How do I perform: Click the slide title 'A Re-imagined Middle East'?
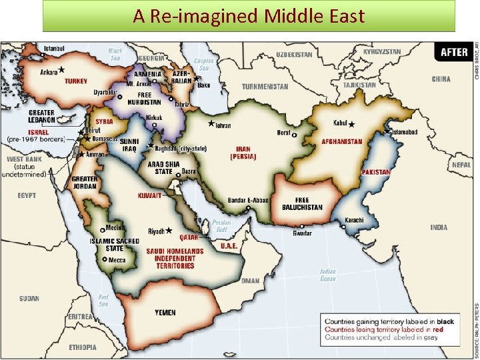[249, 15]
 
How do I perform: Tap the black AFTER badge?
[454, 52]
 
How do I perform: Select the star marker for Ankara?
[61, 69]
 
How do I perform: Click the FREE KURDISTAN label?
[144, 99]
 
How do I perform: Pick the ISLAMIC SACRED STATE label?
[115, 245]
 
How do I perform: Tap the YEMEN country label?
[165, 313]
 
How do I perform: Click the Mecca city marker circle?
[105, 259]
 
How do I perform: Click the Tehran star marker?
[211, 124]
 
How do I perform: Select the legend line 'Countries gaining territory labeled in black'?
[389, 321]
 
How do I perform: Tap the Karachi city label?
[354, 221]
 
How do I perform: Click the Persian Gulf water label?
[221, 226]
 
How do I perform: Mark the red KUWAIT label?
[149, 196]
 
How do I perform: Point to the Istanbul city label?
[55, 49]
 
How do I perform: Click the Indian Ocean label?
[327, 275]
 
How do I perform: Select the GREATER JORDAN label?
[85, 183]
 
